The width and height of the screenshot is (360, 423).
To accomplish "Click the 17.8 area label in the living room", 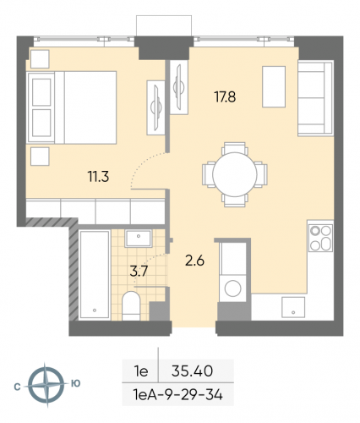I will tap(224, 97).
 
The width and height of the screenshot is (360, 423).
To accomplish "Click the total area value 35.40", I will tap(191, 370).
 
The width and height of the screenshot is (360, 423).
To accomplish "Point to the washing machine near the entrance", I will tap(232, 285).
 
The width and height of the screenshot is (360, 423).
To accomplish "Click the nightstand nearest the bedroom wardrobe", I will tap(41, 157).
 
